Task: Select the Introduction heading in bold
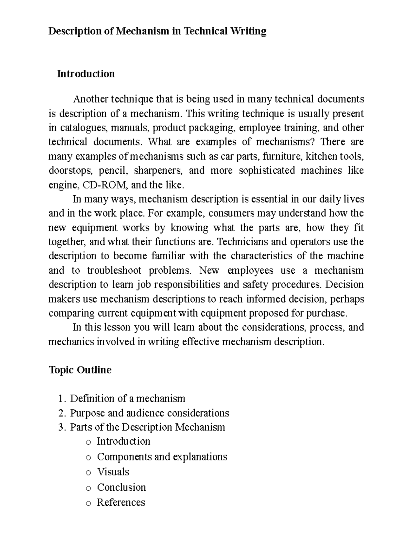(x=86, y=74)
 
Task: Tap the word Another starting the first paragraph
(x=91, y=99)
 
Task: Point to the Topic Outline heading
(x=80, y=370)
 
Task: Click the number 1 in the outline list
(x=61, y=399)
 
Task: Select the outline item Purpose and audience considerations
(x=149, y=413)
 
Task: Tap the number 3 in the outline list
(x=61, y=427)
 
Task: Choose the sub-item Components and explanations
(x=162, y=457)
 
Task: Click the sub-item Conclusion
(x=121, y=488)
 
